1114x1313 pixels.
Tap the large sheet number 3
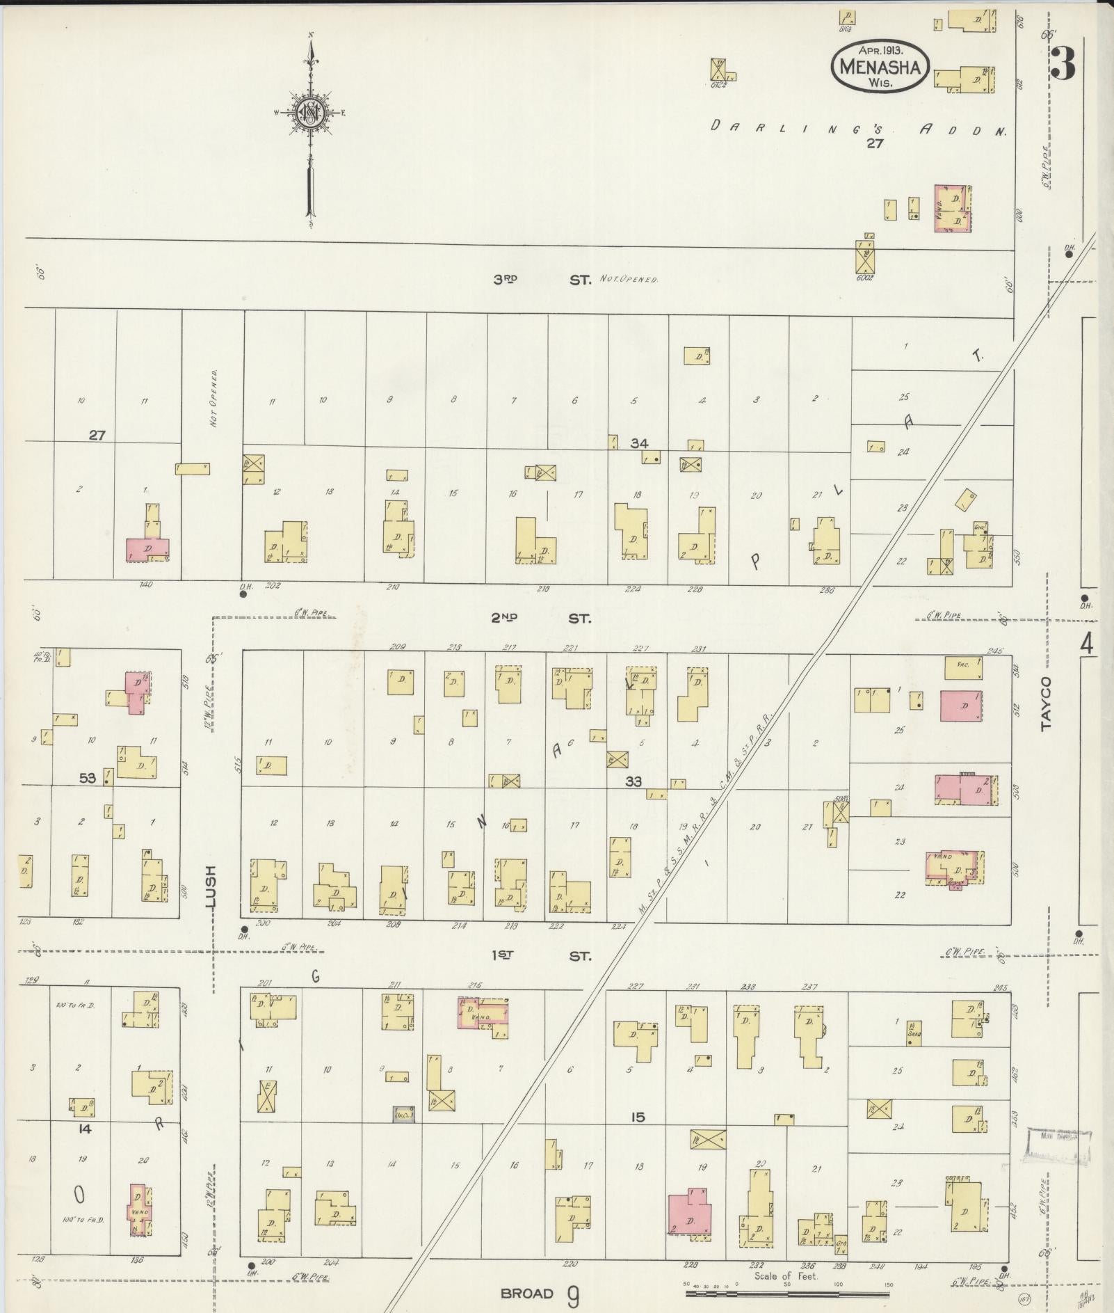point(1063,64)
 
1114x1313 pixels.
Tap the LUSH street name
point(211,886)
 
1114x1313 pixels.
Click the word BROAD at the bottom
point(527,1294)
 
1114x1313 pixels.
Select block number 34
point(639,443)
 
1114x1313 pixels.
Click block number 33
point(633,781)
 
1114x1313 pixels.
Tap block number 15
point(638,1117)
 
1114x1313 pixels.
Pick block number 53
point(87,778)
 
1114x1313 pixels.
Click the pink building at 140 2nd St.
point(147,549)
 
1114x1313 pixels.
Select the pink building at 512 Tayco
point(960,706)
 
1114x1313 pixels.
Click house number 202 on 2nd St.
point(273,586)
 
